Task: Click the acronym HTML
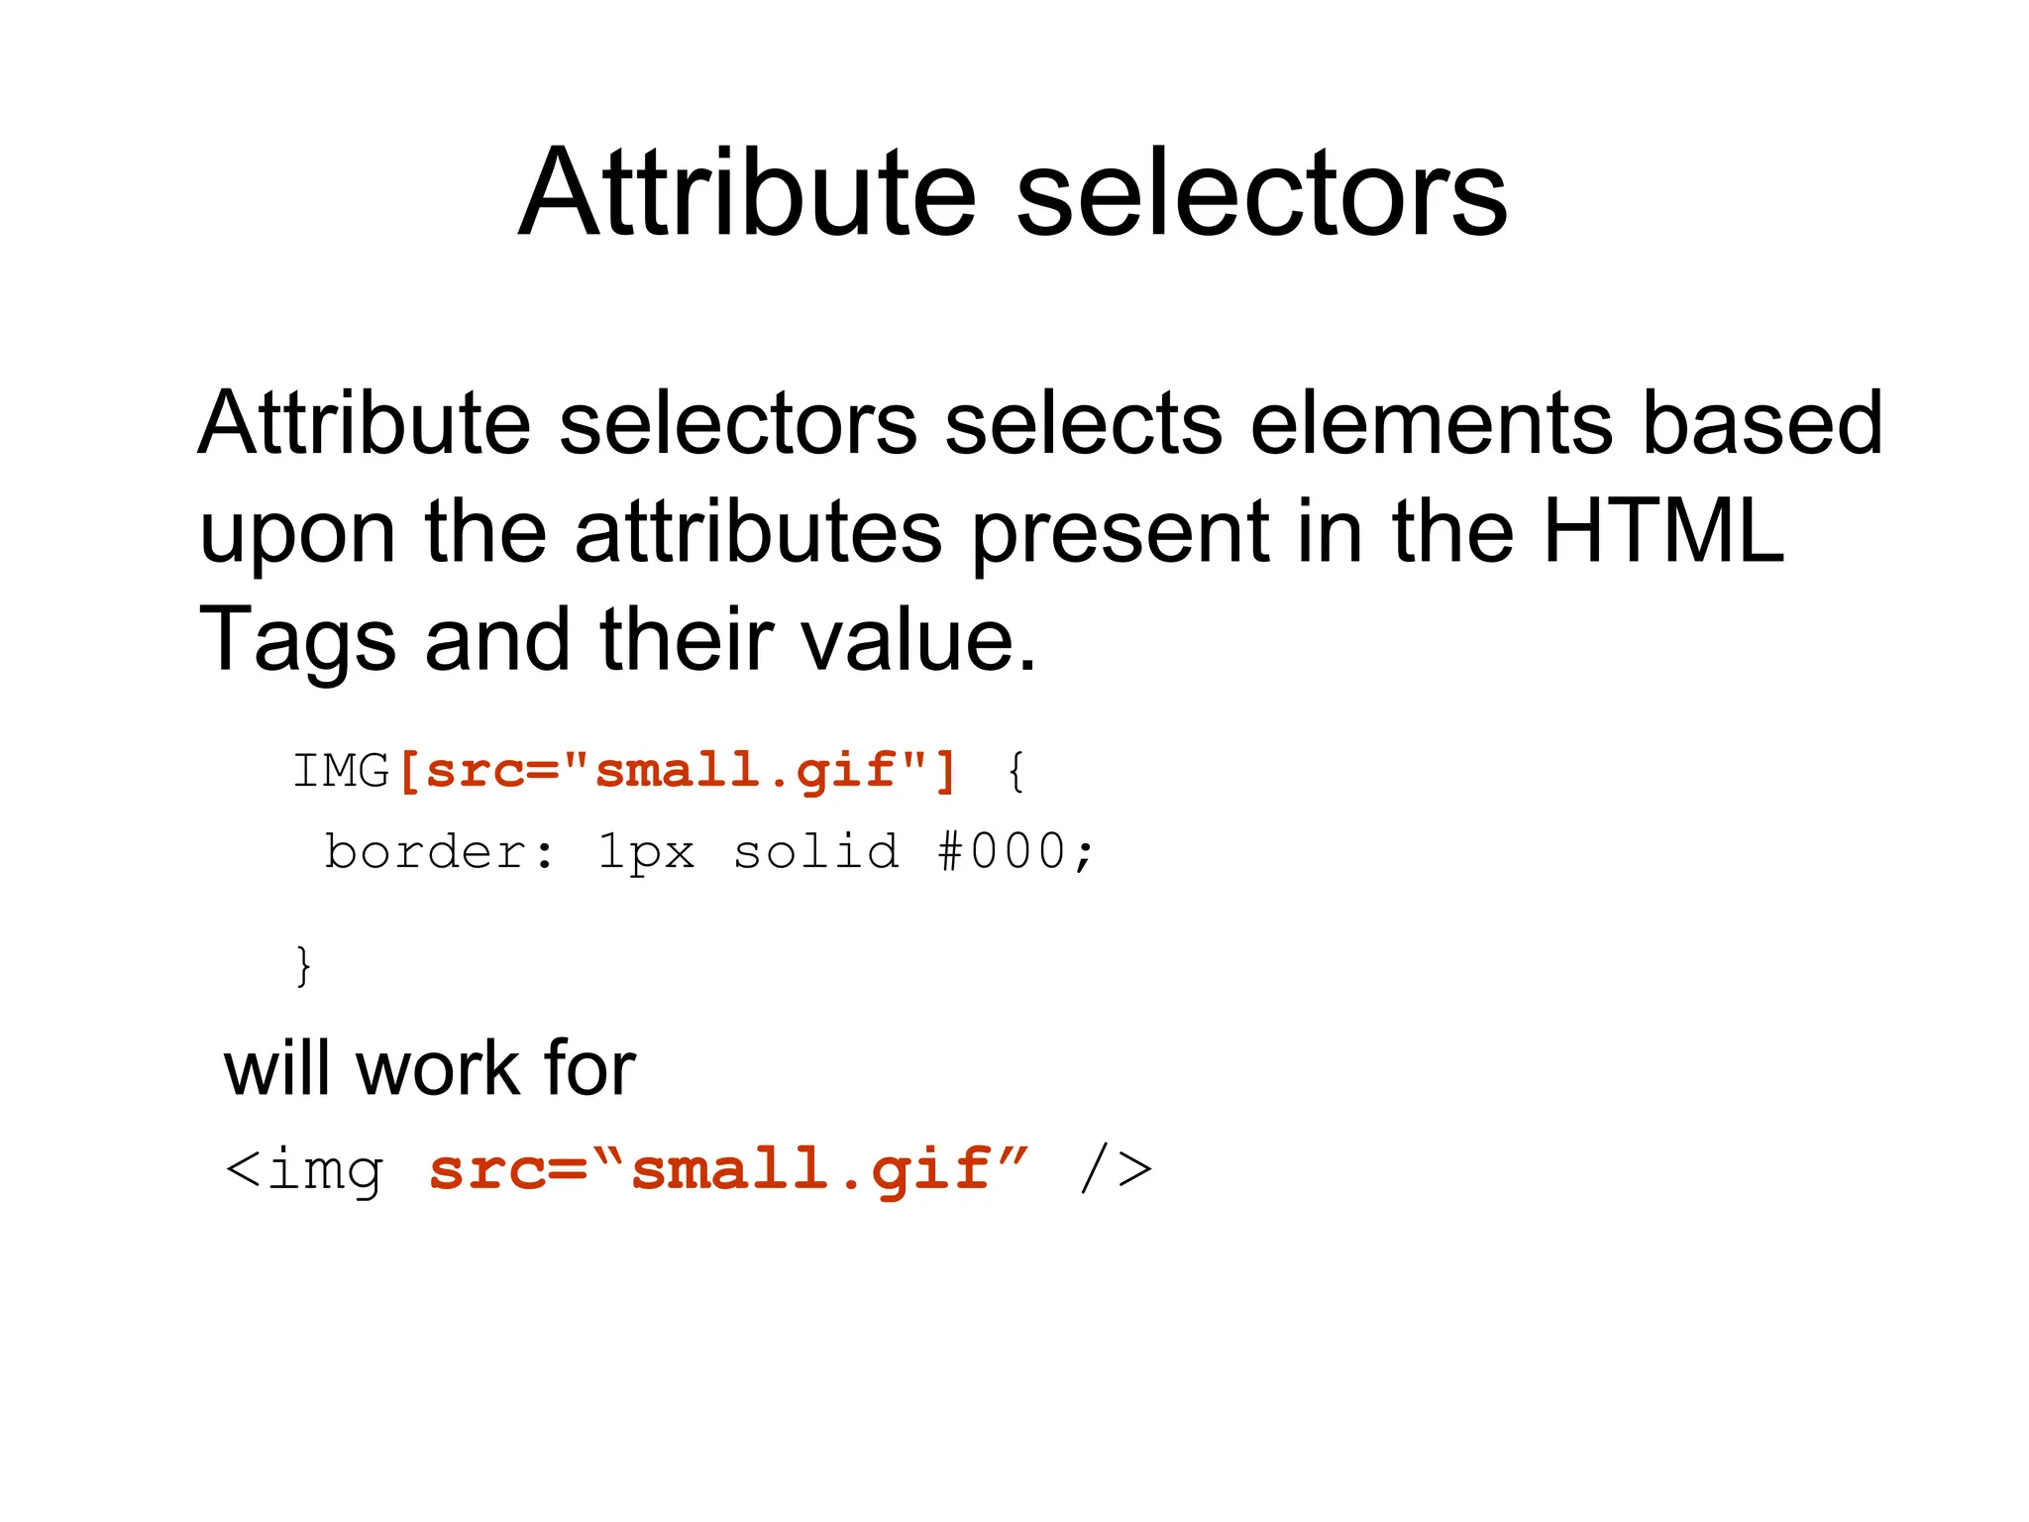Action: (x=1663, y=531)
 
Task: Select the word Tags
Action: (x=297, y=641)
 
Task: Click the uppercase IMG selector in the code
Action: (x=341, y=771)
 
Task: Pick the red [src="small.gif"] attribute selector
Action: (x=678, y=771)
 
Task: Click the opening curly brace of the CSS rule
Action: (x=1014, y=771)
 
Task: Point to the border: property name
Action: (x=440, y=852)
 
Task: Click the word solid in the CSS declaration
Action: (x=816, y=852)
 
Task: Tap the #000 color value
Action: (x=1003, y=852)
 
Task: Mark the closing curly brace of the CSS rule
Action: (x=304, y=965)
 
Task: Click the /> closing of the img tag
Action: (x=1117, y=1169)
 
